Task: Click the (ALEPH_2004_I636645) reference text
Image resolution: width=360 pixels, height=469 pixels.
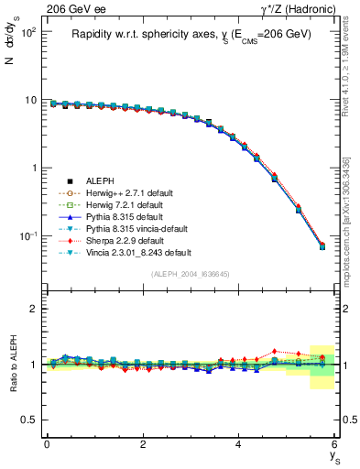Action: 191,274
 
